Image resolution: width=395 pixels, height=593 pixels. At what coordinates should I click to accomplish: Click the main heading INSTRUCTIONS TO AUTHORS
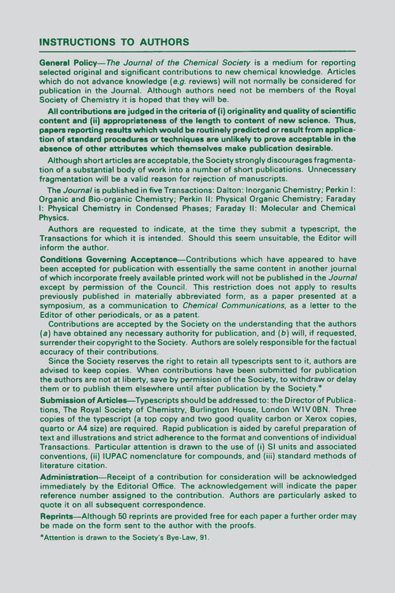pyautogui.click(x=114, y=41)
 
